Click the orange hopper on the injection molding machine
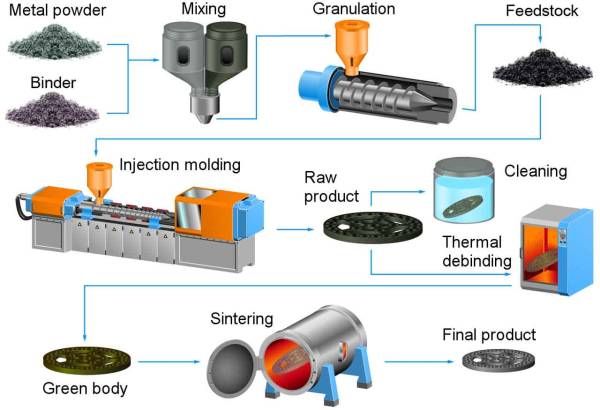pos(99,177)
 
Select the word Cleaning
pos(536,172)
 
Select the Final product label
pos(489,335)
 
